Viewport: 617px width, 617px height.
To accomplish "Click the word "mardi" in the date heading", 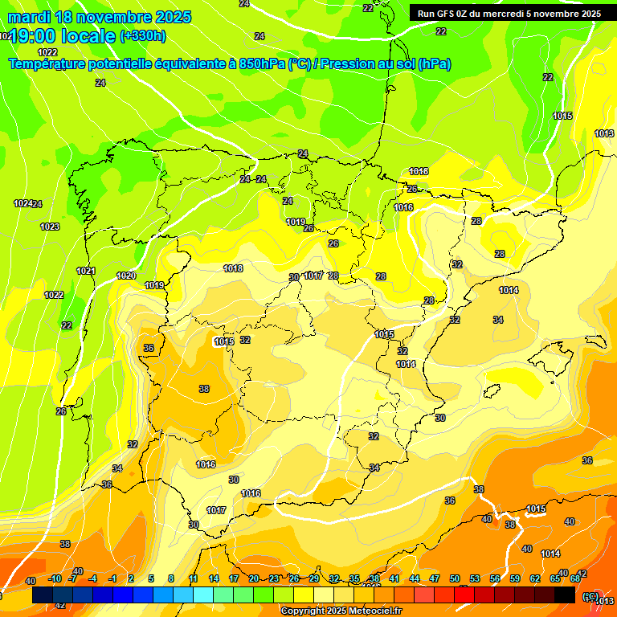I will (29, 17).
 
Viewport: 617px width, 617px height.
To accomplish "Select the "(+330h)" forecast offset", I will (144, 35).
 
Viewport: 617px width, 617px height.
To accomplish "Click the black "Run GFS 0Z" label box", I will (509, 13).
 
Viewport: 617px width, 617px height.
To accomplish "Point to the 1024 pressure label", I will (23, 203).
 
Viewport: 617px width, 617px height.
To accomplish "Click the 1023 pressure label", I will (50, 227).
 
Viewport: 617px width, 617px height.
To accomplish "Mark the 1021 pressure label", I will (86, 271).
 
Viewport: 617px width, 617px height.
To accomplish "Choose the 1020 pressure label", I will (126, 276).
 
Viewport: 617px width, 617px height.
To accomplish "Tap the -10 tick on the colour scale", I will (55, 578).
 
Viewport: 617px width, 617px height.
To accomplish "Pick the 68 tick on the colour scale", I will (575, 578).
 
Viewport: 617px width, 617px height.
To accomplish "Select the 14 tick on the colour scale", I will (214, 578).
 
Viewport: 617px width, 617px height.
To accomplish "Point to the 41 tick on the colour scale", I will (394, 578).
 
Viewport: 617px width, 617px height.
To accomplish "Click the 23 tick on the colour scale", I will (274, 578).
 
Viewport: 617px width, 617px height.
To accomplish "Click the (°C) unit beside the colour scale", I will (590, 596).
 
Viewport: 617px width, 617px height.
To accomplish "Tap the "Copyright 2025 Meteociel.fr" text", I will (341, 611).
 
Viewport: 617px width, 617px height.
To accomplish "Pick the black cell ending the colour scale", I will (565, 595).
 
